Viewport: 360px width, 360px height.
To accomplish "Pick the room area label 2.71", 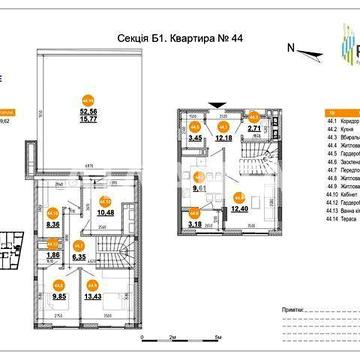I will (256, 130).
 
